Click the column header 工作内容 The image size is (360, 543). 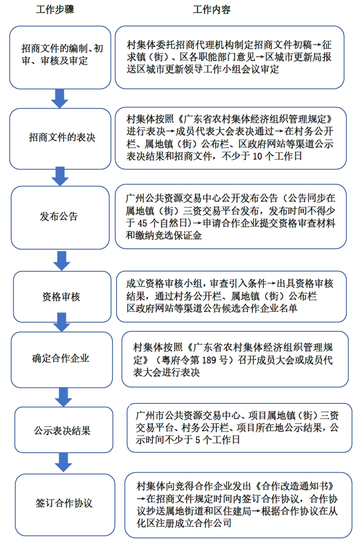pos(211,11)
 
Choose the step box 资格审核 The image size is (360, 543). pos(61,297)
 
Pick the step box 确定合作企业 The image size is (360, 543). pos(60,358)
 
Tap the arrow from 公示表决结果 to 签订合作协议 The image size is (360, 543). pos(62,462)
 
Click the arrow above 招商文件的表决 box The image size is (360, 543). pos(60,97)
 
